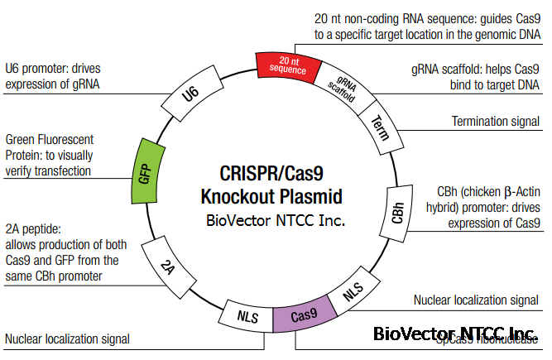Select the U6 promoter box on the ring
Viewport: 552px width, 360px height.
click(192, 95)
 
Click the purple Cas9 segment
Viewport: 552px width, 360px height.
click(304, 315)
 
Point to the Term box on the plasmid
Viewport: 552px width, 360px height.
click(378, 127)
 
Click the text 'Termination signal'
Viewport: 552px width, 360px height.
click(495, 122)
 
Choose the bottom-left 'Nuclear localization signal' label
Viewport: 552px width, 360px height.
click(67, 338)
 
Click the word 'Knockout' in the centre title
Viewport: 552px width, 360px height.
click(240, 196)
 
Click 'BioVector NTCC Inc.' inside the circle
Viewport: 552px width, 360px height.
click(275, 222)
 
